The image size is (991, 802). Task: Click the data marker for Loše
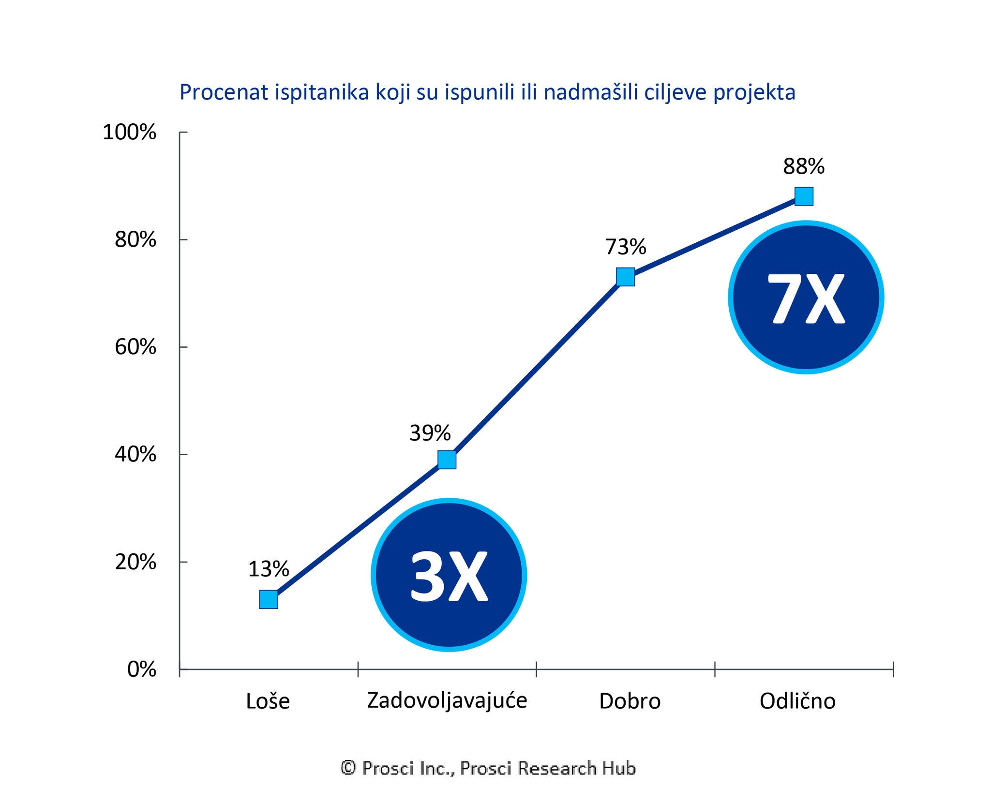pos(269,599)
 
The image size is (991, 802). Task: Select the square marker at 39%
pos(447,460)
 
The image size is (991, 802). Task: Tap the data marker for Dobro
pos(625,277)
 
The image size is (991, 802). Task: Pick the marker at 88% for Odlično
pos(804,196)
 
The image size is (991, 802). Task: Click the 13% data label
pos(269,569)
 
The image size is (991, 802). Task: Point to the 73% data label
pos(625,247)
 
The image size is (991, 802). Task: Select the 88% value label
pos(804,167)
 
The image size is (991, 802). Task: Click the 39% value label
pos(430,433)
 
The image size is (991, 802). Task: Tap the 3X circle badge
pos(449,575)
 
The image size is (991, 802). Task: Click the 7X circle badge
pos(806,297)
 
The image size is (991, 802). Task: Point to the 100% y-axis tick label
pos(129,132)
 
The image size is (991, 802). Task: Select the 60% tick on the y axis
pos(135,347)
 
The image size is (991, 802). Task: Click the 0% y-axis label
pos(141,669)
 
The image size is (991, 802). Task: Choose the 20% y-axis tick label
pos(135,562)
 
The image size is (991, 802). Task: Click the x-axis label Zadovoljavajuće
pos(447,700)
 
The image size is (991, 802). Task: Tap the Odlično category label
pos(797,701)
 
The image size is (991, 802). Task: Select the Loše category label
pos(268,701)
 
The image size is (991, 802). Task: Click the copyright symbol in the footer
pos(348,768)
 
